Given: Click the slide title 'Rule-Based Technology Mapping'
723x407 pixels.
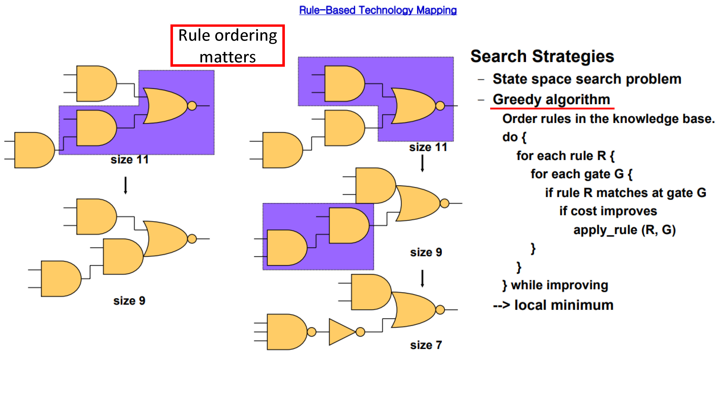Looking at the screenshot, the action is click(x=378, y=10).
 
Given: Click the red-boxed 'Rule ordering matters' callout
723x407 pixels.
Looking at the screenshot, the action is click(x=228, y=46).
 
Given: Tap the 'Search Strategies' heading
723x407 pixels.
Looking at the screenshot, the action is click(x=542, y=56).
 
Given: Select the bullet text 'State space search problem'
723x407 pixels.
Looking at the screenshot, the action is click(x=587, y=79).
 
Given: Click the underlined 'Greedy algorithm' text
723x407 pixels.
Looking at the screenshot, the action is click(x=551, y=99).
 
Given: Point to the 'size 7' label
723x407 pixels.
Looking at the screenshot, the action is click(x=426, y=345).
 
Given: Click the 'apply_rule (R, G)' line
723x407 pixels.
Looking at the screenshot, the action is click(x=624, y=230).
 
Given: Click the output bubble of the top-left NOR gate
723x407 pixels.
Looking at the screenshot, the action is click(x=192, y=106).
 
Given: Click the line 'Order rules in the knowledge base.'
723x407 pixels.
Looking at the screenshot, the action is click(x=608, y=119).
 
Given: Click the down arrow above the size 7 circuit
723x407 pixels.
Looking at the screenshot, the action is click(x=422, y=279).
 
